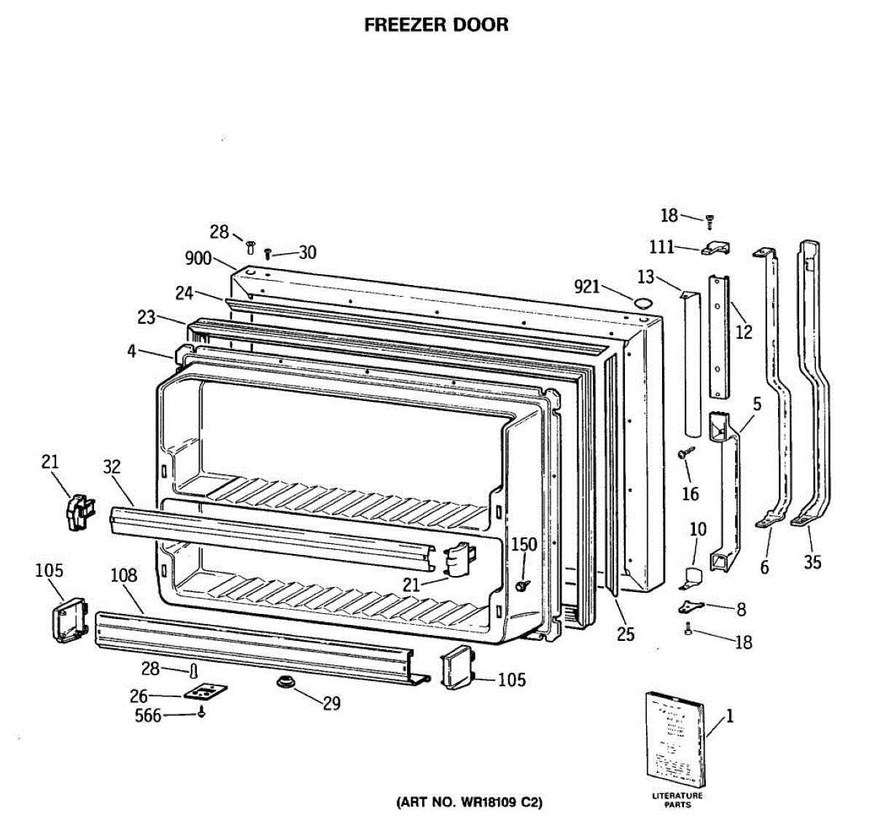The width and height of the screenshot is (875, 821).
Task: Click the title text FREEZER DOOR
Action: tap(436, 25)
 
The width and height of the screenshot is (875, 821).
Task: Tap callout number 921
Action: tap(587, 287)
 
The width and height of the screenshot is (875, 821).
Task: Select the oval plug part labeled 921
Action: tap(642, 302)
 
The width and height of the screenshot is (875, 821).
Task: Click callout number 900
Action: tap(198, 258)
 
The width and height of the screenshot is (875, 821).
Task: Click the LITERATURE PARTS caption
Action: tap(677, 800)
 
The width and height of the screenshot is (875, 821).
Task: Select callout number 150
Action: tap(524, 544)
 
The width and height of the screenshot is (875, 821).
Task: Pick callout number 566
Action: tap(148, 716)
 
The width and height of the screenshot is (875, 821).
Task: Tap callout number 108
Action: tap(123, 575)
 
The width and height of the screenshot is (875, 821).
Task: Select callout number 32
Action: tap(112, 467)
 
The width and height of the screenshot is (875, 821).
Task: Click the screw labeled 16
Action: tap(683, 454)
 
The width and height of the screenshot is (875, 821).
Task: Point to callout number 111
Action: tap(662, 247)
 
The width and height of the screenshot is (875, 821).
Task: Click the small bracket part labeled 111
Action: tap(715, 250)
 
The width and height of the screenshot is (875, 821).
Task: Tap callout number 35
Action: tap(812, 561)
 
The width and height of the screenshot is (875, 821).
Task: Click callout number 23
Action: tap(147, 317)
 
